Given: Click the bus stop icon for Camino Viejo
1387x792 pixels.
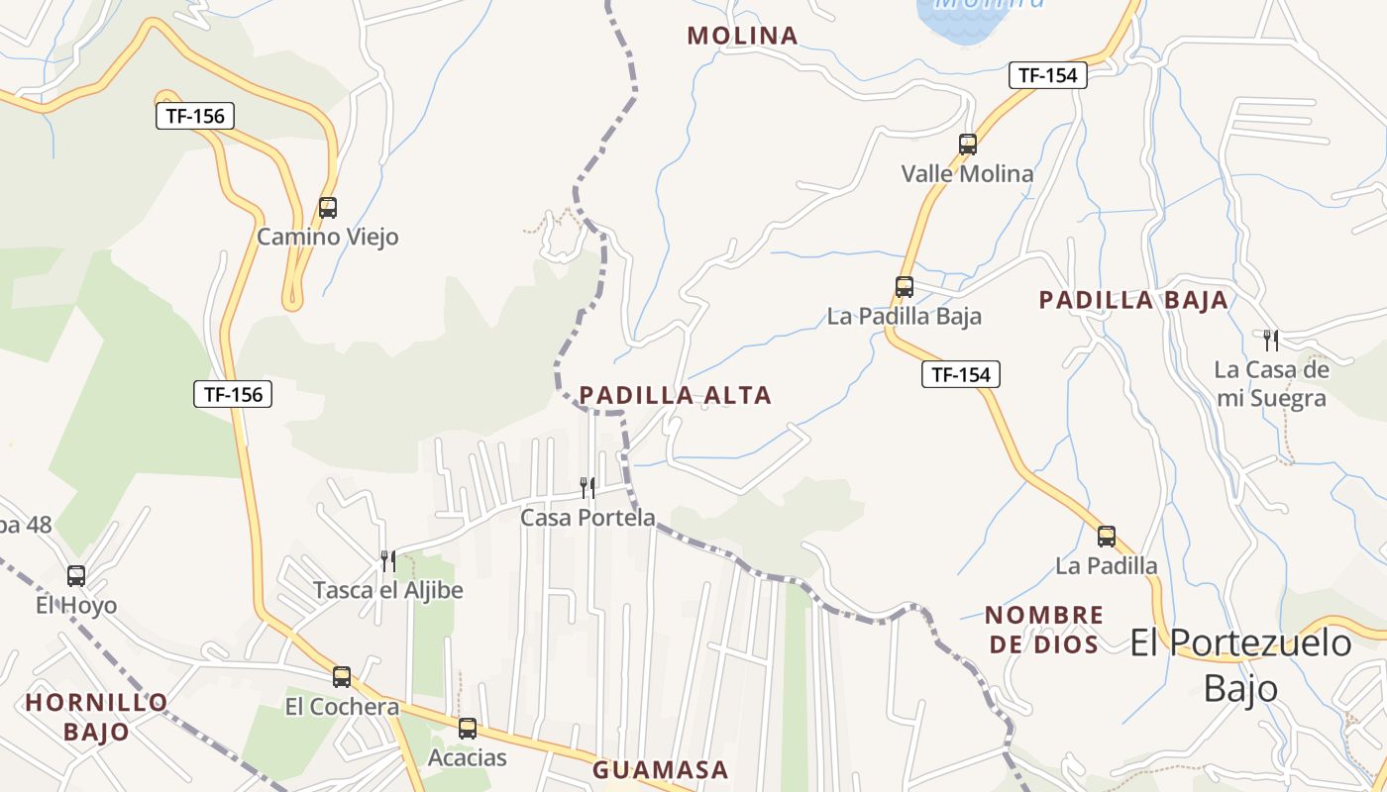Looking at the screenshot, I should coord(328,208).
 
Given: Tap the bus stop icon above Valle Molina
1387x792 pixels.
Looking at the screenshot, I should coord(968,145).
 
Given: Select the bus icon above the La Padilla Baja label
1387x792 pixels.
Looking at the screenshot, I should coord(905,287).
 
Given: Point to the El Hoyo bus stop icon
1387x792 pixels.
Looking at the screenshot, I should coord(76,575).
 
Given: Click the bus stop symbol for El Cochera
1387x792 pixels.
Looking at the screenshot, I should coord(342,677).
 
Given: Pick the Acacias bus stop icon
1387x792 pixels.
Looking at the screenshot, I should coord(468,729).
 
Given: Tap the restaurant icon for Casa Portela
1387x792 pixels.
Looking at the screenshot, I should coord(587,487).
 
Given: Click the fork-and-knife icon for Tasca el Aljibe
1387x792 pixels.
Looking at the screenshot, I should coord(388,561).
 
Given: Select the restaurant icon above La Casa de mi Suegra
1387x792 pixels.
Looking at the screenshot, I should coord(1271,341).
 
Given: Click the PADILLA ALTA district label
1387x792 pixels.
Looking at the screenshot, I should coord(675,396).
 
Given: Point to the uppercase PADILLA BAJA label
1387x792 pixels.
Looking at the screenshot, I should coord(1133,300).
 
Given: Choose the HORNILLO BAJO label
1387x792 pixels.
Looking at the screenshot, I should coord(97,718).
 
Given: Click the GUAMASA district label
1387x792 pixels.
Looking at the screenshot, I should coord(660,769).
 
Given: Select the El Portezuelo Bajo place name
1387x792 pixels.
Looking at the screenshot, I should coord(1240,663).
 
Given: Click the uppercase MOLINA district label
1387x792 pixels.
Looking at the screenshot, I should coord(742,36).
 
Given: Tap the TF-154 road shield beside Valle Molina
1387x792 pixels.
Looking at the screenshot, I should coord(1048,75).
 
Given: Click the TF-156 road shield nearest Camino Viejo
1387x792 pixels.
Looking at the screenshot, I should coord(195,116).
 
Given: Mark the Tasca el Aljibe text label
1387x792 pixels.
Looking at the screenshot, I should coord(388,591).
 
